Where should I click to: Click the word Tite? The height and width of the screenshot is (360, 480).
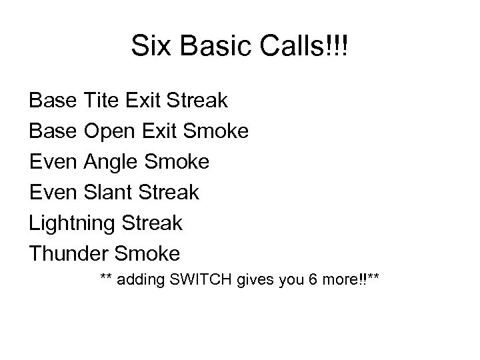(104, 101)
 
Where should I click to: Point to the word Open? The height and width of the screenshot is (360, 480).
(112, 131)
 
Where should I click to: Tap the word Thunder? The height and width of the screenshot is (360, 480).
(69, 254)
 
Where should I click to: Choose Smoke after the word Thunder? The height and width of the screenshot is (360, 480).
(147, 254)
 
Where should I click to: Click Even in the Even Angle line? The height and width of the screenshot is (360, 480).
(53, 162)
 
